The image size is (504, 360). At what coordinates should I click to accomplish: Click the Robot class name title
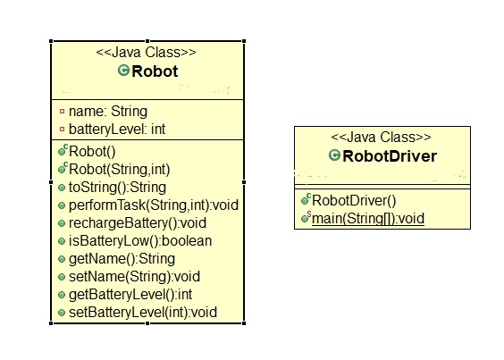point(155,71)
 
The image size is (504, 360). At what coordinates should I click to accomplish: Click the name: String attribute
point(107,112)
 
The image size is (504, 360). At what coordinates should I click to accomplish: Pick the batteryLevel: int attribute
point(116,130)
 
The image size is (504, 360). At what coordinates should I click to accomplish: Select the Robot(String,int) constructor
point(119,169)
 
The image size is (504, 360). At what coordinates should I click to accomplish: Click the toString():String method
point(117,187)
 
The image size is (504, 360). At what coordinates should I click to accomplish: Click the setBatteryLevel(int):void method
point(143,313)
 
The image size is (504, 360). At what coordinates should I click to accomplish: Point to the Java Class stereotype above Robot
point(147,52)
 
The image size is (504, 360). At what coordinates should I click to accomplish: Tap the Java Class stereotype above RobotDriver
point(382,138)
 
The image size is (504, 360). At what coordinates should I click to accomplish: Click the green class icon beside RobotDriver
point(335,156)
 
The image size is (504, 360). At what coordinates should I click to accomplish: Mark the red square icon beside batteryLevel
point(62,130)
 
